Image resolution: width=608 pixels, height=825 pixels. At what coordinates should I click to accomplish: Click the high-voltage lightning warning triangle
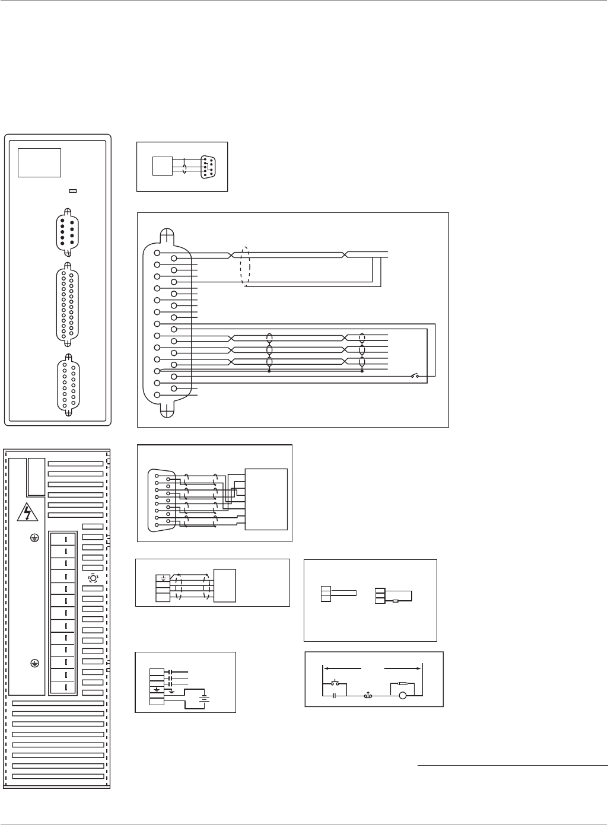27,511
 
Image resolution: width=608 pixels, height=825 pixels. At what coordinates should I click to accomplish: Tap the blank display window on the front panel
39,163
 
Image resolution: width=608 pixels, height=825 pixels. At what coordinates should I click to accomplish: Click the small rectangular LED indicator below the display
73,191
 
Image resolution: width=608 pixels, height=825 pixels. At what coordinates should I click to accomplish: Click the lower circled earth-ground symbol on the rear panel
34,663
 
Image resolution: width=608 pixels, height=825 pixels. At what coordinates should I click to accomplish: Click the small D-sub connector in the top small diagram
208,166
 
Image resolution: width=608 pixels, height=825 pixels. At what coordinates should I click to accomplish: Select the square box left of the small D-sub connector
161,165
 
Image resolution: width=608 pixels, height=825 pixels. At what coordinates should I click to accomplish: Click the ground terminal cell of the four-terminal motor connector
162,577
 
